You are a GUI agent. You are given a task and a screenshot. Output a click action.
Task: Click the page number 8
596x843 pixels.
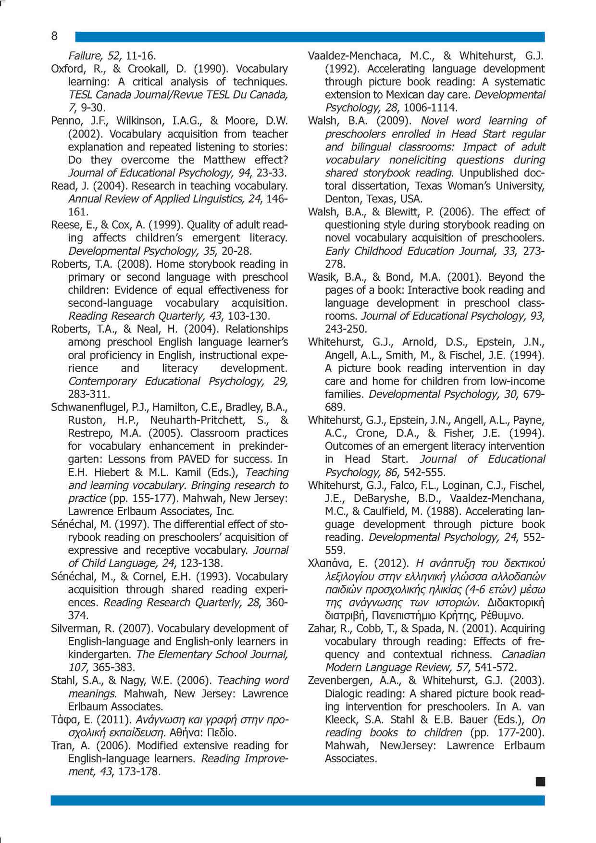tap(54, 36)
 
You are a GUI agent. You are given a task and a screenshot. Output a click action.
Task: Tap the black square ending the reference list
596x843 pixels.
tap(540, 782)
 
